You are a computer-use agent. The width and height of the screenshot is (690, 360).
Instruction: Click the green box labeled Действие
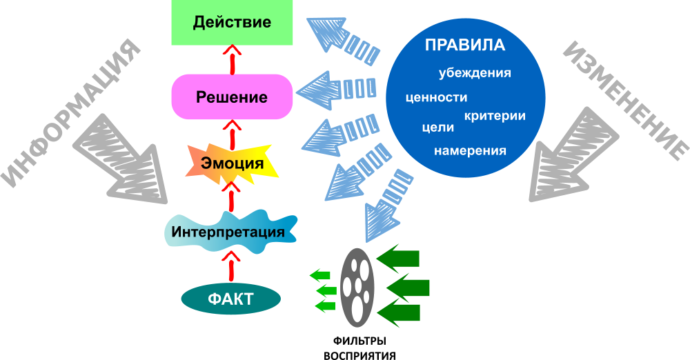231,22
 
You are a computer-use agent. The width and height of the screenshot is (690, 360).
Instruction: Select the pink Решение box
231,97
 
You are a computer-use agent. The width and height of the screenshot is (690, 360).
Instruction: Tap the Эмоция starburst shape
232,164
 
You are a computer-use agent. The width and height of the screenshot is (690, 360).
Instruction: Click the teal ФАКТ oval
230,299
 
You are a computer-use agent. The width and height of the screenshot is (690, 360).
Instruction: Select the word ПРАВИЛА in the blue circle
464,46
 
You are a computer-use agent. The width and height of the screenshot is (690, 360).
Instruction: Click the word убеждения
474,72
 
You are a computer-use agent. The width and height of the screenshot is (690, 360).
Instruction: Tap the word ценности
438,97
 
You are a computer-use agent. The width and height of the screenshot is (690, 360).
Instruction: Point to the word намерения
470,150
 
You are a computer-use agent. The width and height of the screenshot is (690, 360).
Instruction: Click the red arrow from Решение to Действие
232,58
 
